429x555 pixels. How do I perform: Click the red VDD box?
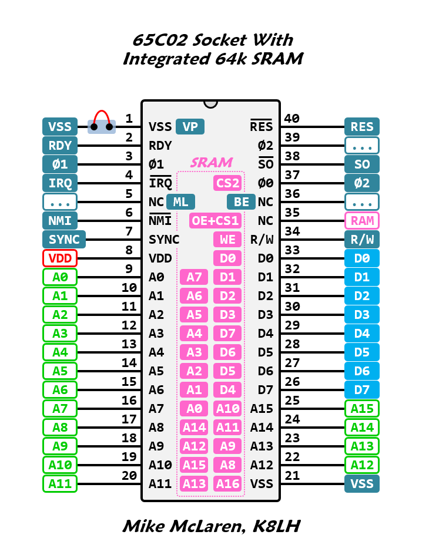[x=60, y=258]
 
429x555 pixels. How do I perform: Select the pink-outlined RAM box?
[x=362, y=220]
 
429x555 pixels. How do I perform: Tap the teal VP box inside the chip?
[x=190, y=126]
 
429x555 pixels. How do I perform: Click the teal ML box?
[x=181, y=201]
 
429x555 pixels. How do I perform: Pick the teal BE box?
[x=241, y=201]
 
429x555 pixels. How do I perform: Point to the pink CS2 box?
[x=227, y=183]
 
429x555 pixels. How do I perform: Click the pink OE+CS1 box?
[x=215, y=220]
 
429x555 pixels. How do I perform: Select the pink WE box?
[x=227, y=239]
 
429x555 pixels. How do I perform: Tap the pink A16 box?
[x=227, y=483]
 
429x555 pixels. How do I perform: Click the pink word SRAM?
[x=211, y=162]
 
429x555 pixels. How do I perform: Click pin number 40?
[x=292, y=119]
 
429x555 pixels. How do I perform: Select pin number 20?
[x=129, y=476]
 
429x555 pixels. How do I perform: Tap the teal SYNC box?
[x=64, y=239]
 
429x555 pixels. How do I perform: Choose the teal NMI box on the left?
[x=60, y=220]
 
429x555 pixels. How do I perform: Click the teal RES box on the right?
[x=362, y=126]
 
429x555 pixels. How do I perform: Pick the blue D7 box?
[x=362, y=389]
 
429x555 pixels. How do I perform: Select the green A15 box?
[x=362, y=408]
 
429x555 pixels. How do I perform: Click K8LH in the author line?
[x=276, y=526]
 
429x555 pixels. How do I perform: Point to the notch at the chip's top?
[x=210, y=103]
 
